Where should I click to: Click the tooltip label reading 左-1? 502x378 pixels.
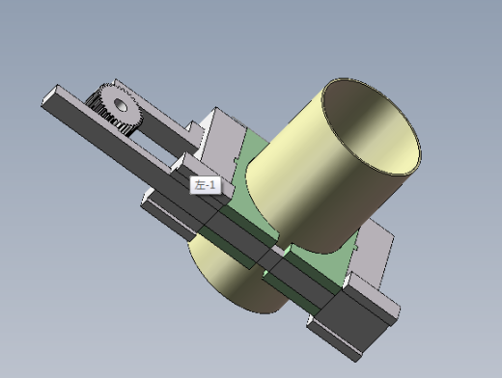click(206, 185)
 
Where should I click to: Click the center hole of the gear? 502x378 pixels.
click(121, 104)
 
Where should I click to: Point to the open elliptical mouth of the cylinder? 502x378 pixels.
click(371, 126)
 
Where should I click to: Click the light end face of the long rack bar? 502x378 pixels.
click(50, 94)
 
